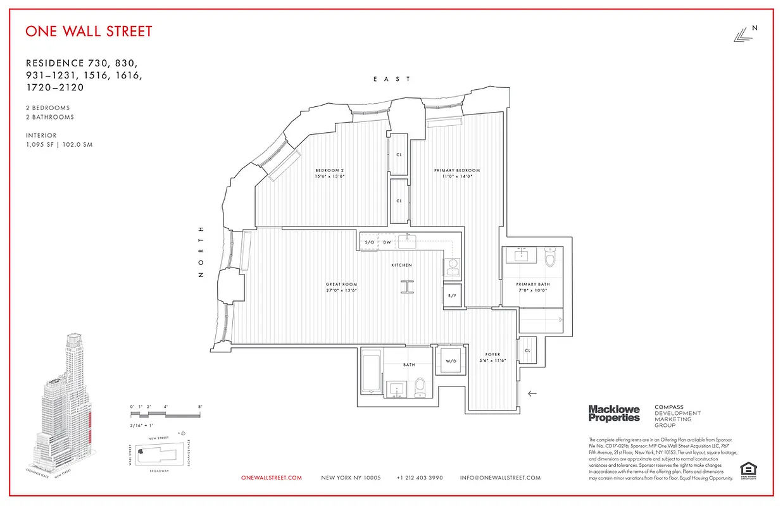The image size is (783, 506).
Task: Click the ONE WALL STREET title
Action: (x=89, y=31)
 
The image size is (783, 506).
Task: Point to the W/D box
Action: (x=451, y=361)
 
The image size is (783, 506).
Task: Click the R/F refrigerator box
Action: (x=452, y=296)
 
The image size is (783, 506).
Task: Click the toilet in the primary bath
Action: (x=549, y=257)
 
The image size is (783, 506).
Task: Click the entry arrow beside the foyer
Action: (x=532, y=393)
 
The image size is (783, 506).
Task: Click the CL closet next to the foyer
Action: (x=527, y=350)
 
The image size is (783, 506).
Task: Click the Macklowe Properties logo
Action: (x=614, y=414)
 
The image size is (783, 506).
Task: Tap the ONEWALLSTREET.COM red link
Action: (x=272, y=478)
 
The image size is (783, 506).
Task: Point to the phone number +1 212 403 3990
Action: (x=420, y=478)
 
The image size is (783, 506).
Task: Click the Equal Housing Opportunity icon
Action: (x=748, y=470)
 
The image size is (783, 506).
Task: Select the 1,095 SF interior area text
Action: (x=59, y=145)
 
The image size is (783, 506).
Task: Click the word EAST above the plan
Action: (x=392, y=79)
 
